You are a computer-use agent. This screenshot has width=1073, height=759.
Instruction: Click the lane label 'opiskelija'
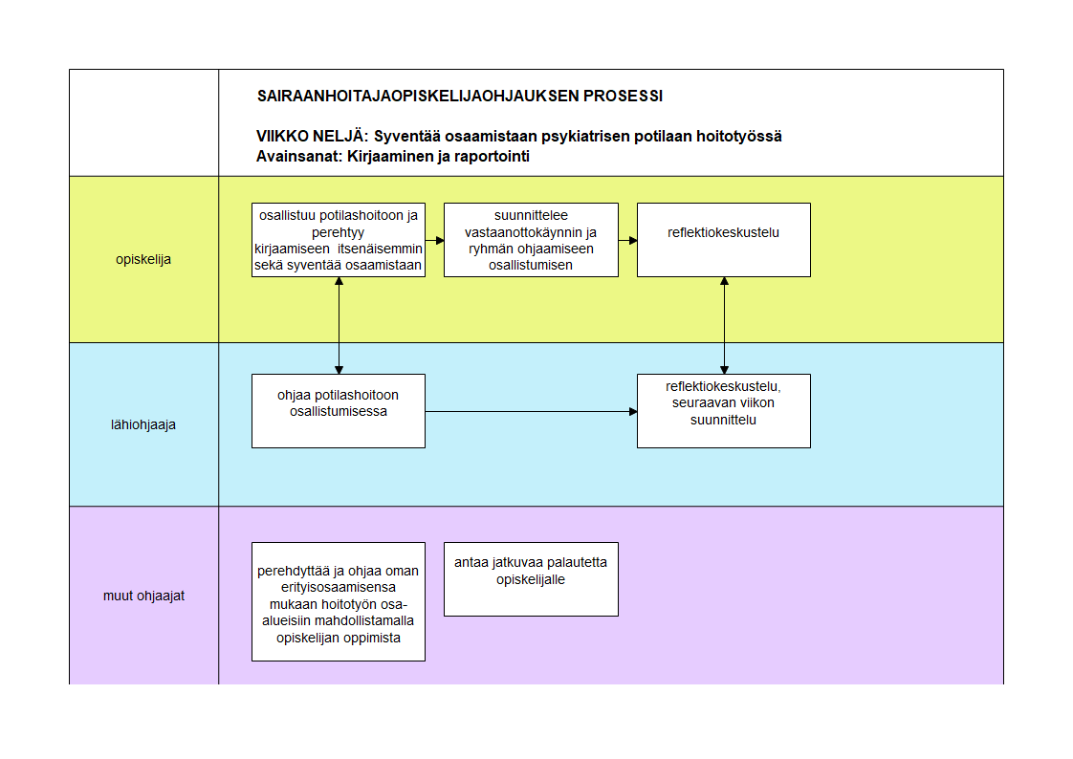[x=143, y=259]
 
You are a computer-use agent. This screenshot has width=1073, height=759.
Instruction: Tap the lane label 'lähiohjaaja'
[x=143, y=424]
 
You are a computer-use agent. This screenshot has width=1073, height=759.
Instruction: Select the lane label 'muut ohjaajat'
[x=143, y=596]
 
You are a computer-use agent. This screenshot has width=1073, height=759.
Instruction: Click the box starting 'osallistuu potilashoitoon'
[x=339, y=240]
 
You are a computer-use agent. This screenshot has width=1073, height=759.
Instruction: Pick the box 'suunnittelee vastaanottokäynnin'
[x=531, y=240]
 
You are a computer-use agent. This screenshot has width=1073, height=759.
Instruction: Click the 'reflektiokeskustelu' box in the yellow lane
[x=724, y=240]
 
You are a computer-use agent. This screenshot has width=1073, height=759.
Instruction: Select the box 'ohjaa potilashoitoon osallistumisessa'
[x=339, y=411]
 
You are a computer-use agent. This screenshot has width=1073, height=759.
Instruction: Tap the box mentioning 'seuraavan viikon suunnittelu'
[x=724, y=411]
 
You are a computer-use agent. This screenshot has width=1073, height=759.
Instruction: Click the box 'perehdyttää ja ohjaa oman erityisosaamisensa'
[x=339, y=601]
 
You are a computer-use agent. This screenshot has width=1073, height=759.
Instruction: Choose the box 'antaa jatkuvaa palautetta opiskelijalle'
[x=531, y=579]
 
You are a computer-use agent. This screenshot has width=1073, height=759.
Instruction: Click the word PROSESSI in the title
[x=623, y=97]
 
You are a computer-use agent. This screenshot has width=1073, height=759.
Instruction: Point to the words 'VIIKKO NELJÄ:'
[x=312, y=136]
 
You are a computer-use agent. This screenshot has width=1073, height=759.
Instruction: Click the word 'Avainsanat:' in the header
[x=299, y=157]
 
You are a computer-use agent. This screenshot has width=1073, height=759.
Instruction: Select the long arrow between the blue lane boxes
[x=531, y=412]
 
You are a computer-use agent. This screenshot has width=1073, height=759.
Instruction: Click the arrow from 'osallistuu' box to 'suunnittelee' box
[x=434, y=240]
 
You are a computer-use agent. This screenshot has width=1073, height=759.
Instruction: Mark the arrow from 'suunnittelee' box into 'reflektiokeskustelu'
[x=627, y=240]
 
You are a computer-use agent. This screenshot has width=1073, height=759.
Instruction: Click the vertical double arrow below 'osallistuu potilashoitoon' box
[x=339, y=325]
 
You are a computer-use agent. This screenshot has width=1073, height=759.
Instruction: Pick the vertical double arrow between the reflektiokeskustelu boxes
[x=724, y=325]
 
